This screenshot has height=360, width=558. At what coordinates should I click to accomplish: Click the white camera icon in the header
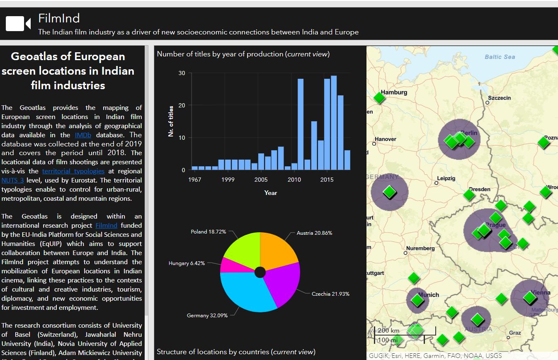(18, 24)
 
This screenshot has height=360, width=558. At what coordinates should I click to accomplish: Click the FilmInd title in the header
(59, 18)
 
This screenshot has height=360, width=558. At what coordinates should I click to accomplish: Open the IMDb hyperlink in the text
(83, 135)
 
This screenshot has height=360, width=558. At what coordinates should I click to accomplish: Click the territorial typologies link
(73, 171)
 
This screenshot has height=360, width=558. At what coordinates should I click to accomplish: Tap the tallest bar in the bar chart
(334, 123)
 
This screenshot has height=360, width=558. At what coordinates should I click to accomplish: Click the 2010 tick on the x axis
(294, 180)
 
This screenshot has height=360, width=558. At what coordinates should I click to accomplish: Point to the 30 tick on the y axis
(182, 73)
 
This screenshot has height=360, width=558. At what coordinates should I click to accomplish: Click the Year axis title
(270, 192)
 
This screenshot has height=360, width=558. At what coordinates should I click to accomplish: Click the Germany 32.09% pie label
(207, 315)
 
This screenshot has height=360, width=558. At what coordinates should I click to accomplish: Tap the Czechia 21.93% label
(330, 294)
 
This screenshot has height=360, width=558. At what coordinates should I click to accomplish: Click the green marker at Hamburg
(379, 98)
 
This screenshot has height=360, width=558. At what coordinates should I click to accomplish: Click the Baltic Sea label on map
(500, 57)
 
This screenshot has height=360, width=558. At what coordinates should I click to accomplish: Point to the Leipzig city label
(446, 178)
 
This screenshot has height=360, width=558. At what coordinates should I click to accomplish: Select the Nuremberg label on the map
(420, 248)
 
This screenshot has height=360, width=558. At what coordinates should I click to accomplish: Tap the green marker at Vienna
(529, 297)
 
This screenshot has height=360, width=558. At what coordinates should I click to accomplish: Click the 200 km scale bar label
(388, 331)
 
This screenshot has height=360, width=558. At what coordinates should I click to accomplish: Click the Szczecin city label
(499, 98)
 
